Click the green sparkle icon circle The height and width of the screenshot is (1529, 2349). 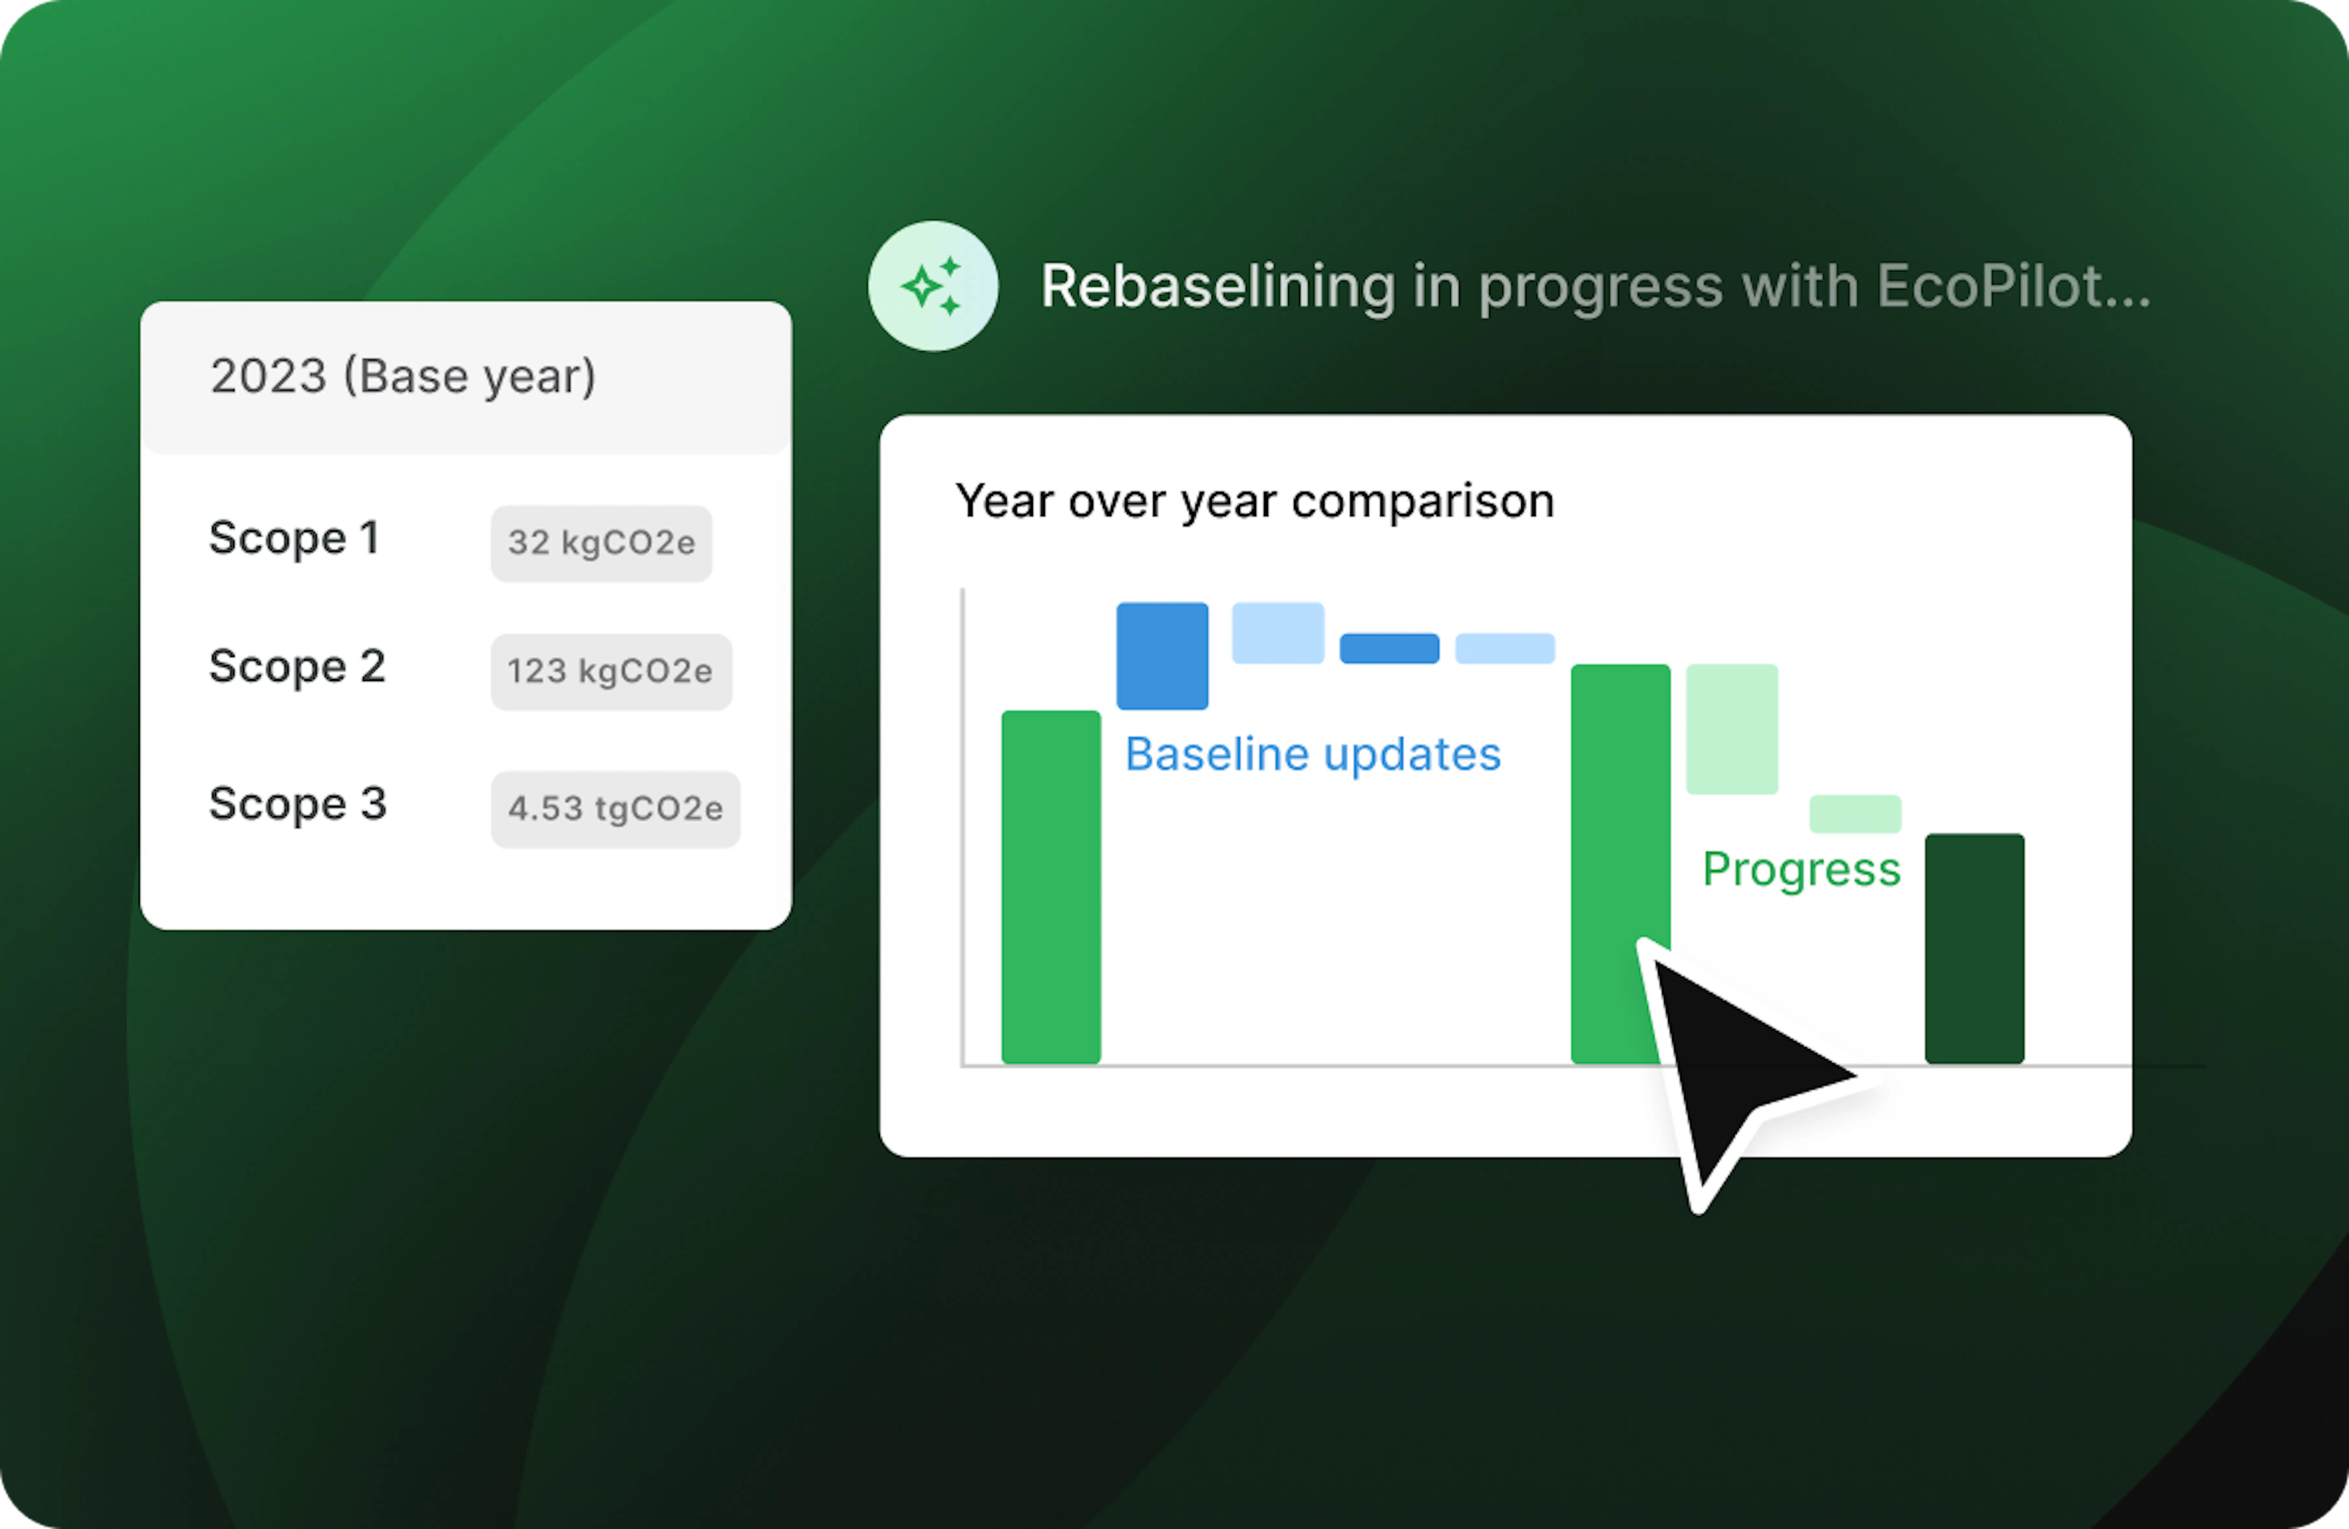click(933, 286)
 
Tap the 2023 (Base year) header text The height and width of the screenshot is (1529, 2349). click(403, 376)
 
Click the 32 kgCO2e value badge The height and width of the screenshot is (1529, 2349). click(601, 543)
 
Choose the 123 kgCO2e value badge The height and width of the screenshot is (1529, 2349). click(611, 671)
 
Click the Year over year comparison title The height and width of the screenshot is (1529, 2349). click(1255, 502)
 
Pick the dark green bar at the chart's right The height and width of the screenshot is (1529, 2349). click(1974, 949)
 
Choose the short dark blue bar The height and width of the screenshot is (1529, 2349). click(1389, 648)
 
